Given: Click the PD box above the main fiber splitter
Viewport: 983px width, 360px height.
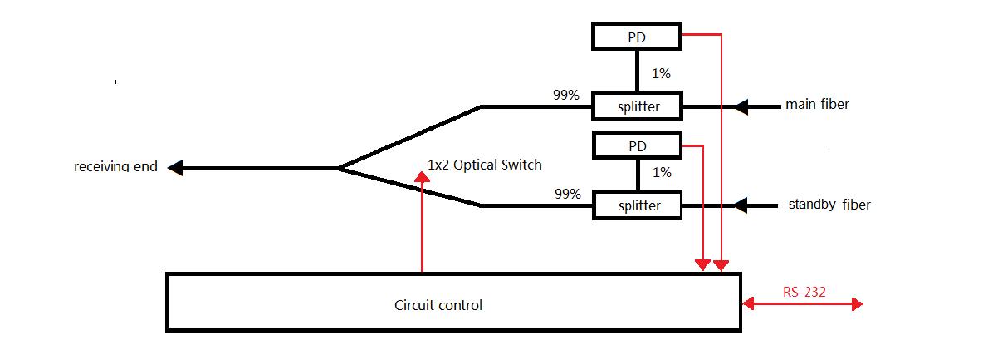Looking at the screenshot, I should (637, 37).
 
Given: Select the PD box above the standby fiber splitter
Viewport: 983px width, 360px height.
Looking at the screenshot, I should (637, 146).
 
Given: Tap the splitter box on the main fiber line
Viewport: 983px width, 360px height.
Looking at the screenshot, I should (637, 106).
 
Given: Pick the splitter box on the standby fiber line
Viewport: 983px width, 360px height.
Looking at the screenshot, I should (637, 205).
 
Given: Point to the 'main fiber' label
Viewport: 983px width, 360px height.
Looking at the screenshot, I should (817, 105).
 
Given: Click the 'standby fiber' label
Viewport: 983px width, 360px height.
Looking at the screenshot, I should (829, 205).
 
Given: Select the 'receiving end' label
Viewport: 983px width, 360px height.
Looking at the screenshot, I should (115, 167).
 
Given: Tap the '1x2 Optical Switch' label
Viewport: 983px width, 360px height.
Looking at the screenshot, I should (485, 165).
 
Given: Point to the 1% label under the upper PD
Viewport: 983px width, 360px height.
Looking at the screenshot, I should (661, 74).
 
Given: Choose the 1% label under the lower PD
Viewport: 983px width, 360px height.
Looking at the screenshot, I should (661, 173).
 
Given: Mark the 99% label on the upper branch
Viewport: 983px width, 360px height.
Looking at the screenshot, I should (566, 95).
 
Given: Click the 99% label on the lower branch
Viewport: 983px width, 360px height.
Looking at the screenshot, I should (568, 195).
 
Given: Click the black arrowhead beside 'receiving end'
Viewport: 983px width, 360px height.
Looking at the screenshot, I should (174, 168).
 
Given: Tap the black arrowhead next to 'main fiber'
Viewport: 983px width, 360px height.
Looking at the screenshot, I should (741, 106).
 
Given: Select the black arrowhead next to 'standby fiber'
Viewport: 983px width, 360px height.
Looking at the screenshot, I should (741, 205).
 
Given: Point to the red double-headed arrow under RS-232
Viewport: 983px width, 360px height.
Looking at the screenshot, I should (803, 305).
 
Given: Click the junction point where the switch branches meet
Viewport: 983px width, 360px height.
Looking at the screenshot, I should (339, 168).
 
